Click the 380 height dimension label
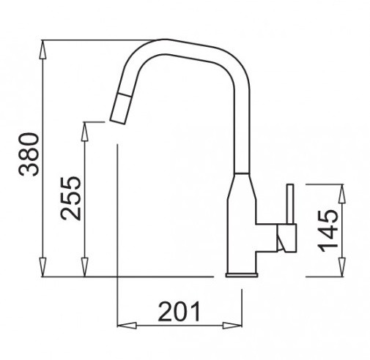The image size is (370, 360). click(x=29, y=154)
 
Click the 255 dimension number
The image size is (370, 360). click(x=71, y=198)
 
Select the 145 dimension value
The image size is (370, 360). click(x=328, y=230)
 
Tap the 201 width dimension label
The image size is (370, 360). click(x=180, y=312)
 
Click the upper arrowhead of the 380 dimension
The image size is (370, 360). click(x=42, y=49)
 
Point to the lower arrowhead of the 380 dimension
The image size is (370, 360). click(x=42, y=267)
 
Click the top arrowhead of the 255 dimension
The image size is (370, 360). click(x=84, y=132)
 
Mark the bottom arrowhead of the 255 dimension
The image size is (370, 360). click(x=84, y=267)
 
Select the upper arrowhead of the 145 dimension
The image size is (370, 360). click(x=342, y=193)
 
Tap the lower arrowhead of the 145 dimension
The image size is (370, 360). click(x=342, y=267)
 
